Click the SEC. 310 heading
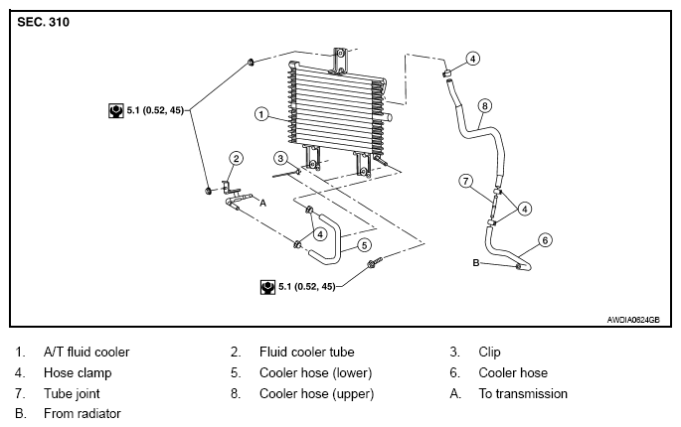tap(43, 22)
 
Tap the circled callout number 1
tap(261, 114)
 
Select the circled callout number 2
tap(236, 158)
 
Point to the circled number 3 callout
tap(280, 159)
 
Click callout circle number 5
tap(364, 245)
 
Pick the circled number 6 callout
tap(545, 240)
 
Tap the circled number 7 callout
tap(466, 181)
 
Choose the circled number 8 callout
tap(485, 106)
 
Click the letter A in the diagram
tap(262, 203)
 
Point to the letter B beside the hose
tap(476, 262)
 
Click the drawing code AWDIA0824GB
tap(633, 320)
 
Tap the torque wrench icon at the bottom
tap(267, 287)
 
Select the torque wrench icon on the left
tap(115, 110)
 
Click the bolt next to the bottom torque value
tap(375, 262)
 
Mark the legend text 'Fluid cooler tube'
tap(306, 352)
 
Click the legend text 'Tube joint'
tap(72, 393)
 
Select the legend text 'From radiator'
tap(83, 413)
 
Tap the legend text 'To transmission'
tap(523, 393)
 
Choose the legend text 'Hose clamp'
tap(78, 372)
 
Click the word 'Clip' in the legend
tap(489, 352)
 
